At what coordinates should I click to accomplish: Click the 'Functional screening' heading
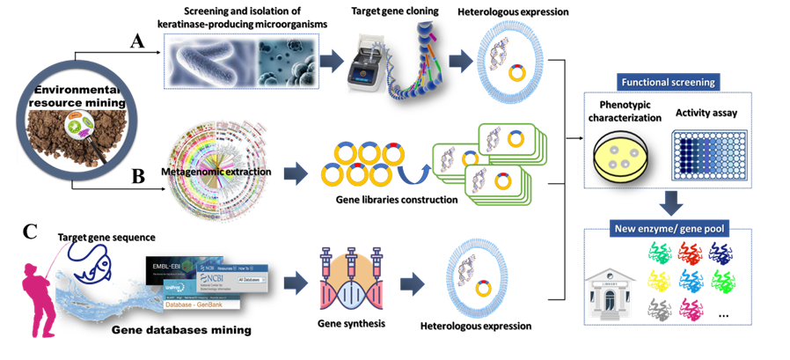pyautogui.click(x=669, y=83)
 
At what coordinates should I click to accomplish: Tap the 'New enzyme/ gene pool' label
pyautogui.click(x=668, y=231)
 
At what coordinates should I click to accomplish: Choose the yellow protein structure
pyautogui.click(x=660, y=282)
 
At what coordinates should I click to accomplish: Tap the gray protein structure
pyautogui.click(x=659, y=308)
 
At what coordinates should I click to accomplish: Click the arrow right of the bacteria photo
pyautogui.click(x=329, y=59)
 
